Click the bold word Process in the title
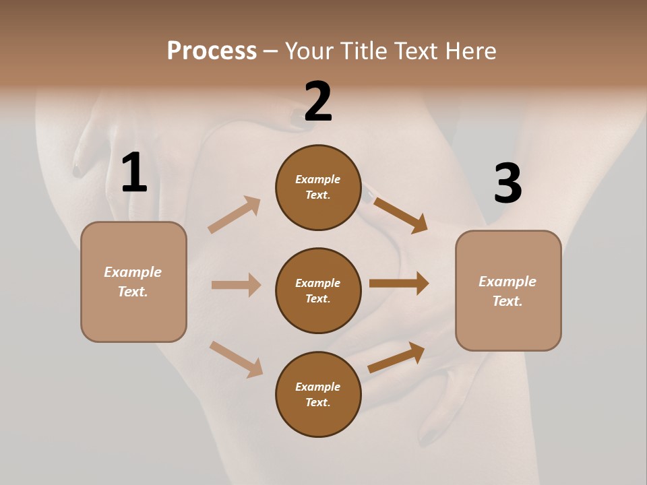coord(212,51)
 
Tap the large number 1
coord(133,172)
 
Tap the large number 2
coord(318,101)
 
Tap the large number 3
coord(507,183)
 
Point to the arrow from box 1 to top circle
coord(234,215)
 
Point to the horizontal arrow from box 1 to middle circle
coord(236,285)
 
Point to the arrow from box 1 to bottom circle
coord(236,358)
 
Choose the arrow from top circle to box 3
coord(400,215)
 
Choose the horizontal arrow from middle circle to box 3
coord(399,284)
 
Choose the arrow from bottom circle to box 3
coord(396,357)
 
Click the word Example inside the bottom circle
coord(318,387)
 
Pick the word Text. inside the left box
coord(133,292)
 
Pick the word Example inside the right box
coord(507,282)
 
